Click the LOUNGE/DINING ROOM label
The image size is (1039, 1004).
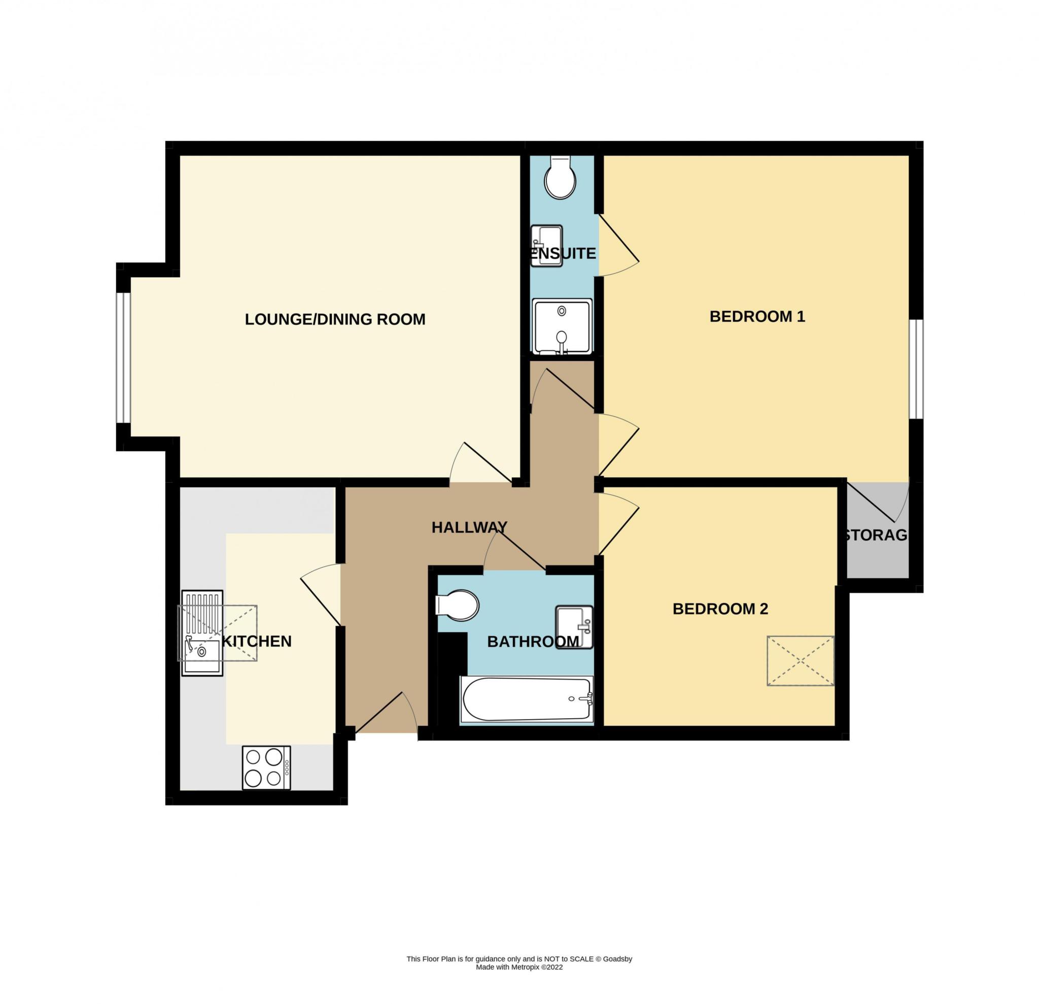(335, 319)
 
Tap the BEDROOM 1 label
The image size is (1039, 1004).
(757, 317)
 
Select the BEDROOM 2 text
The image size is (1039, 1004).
(720, 609)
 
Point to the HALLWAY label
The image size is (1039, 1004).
(469, 527)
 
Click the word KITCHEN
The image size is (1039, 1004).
(257, 641)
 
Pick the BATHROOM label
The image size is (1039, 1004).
(533, 642)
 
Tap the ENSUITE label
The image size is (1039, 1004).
(564, 253)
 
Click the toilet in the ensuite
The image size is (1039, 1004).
(560, 178)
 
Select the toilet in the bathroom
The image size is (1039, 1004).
(457, 605)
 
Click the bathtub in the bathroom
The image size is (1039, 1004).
(527, 699)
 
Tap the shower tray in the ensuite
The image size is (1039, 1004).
(562, 326)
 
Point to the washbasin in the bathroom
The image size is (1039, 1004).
(574, 627)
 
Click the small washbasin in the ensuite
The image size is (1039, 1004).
(546, 246)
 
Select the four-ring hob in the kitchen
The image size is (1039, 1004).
(266, 767)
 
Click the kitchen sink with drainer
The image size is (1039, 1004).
(202, 633)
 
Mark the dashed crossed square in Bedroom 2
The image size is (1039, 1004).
(801, 661)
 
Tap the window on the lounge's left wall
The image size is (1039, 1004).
(123, 358)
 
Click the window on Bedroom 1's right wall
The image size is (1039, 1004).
(917, 369)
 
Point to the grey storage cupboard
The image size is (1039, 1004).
(877, 530)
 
